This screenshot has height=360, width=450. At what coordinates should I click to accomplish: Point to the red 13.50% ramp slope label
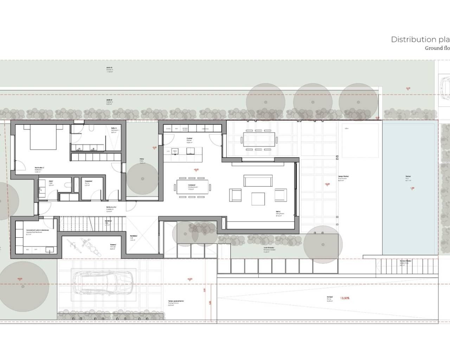coord(345,298)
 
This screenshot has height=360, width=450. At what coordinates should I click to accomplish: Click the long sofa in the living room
coord(258,181)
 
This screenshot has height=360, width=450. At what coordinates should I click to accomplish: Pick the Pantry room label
coord(88,183)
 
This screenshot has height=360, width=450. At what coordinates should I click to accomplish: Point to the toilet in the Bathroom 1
coord(91,129)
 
